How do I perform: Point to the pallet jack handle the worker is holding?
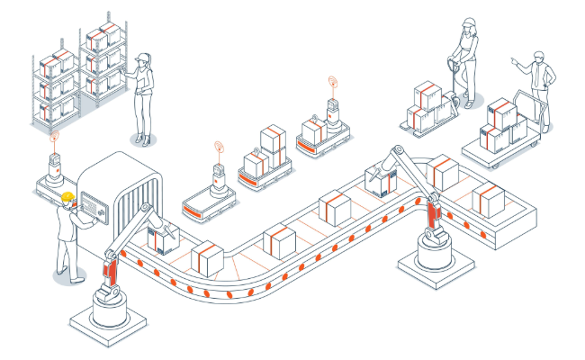tap(452, 63)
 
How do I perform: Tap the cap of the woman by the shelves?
tap(142, 58)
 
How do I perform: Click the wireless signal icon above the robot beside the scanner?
tap(54, 138)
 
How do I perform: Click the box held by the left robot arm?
tap(162, 238)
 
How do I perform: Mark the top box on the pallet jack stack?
tap(427, 94)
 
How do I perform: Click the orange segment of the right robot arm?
tap(434, 217)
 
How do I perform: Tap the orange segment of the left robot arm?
tap(111, 270)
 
